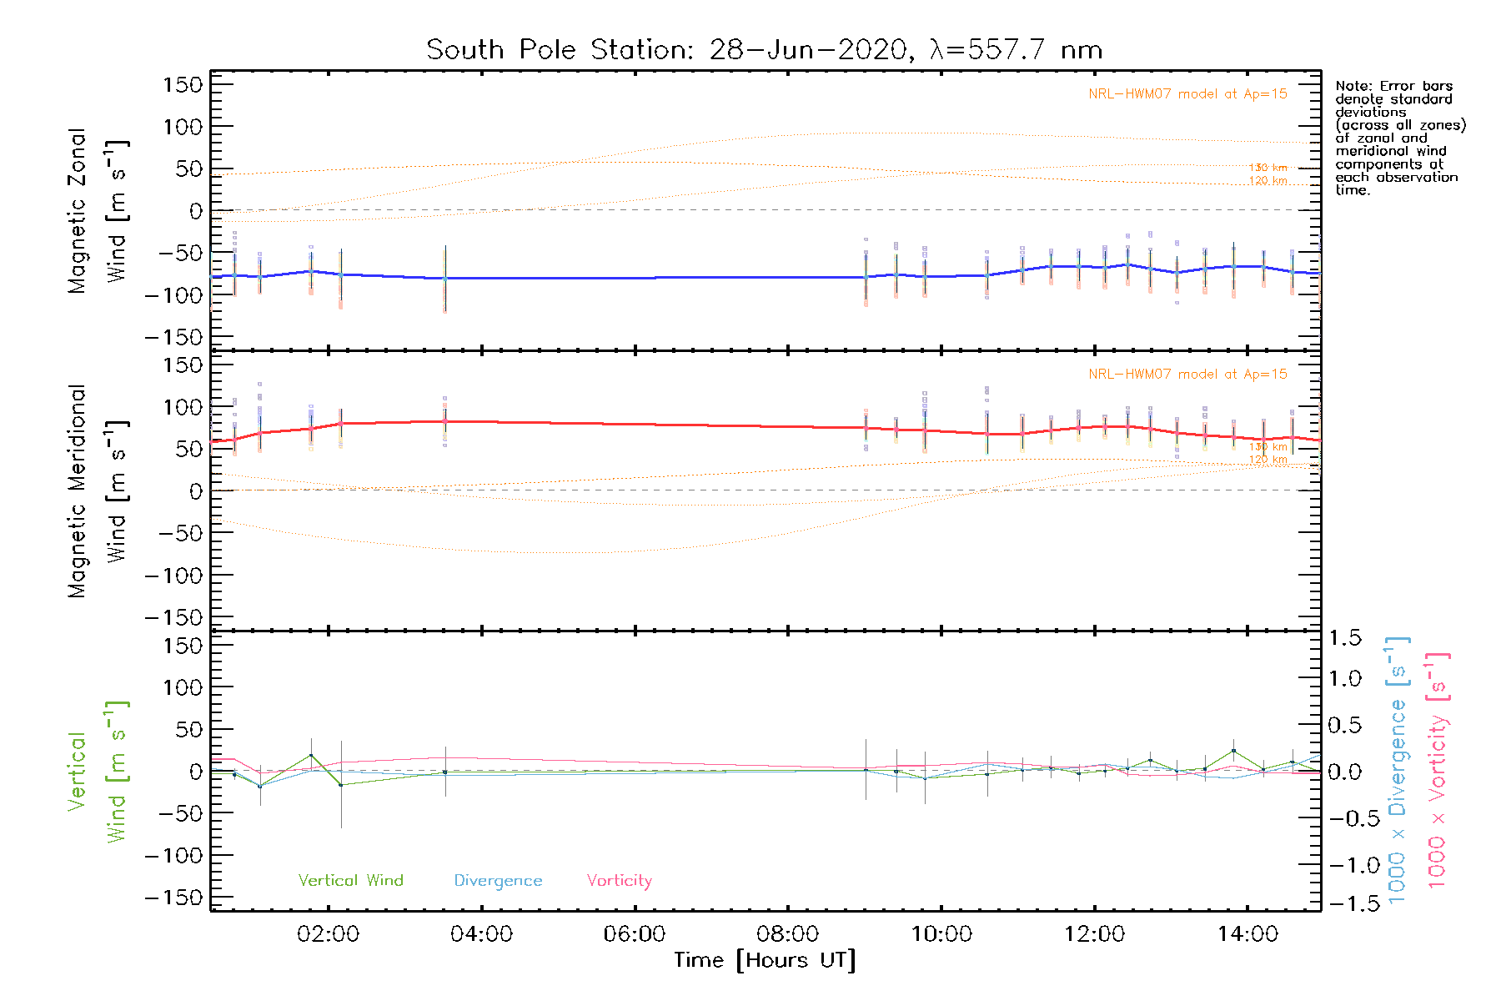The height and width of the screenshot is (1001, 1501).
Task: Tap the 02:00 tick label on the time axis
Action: click(328, 933)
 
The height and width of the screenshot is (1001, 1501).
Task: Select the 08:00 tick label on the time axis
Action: click(787, 933)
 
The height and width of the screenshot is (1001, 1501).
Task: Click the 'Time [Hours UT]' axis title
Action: click(765, 960)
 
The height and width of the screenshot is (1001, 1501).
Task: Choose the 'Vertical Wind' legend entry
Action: click(350, 880)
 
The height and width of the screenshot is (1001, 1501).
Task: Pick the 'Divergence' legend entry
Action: click(498, 880)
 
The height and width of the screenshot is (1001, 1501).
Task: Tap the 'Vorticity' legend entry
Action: click(619, 880)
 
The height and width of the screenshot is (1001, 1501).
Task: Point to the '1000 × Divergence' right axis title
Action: click(1397, 772)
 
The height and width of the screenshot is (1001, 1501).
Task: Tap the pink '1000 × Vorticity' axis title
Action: click(1437, 772)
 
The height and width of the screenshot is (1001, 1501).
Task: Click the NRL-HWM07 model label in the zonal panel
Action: click(1187, 93)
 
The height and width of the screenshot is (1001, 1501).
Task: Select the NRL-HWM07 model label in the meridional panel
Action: click(1187, 374)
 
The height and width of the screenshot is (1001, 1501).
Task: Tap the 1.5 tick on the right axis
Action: click(1345, 638)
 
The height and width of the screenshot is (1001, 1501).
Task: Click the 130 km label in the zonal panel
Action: click(1268, 168)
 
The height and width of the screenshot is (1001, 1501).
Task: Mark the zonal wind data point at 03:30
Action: click(444, 278)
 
